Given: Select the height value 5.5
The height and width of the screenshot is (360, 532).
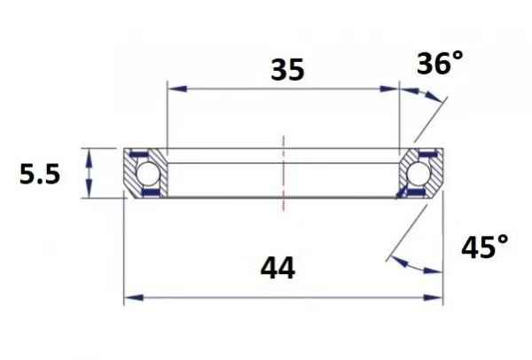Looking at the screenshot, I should tap(40, 175).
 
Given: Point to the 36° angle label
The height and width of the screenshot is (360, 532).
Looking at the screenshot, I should tap(440, 64).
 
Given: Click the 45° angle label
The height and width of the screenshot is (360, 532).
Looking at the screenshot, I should tap(485, 247).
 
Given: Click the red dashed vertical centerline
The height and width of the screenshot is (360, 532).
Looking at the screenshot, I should tap(284, 173).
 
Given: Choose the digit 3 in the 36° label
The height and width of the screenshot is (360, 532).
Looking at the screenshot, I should tap(426, 65).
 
